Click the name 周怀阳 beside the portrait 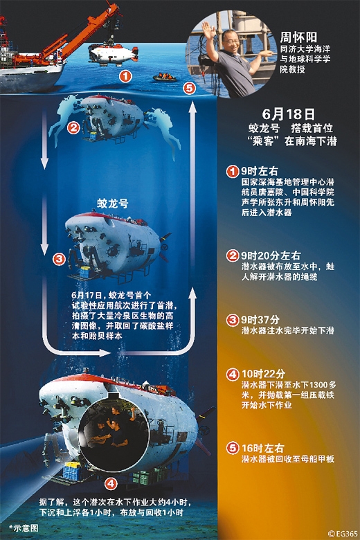point(298,37)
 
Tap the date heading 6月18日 point(289,114)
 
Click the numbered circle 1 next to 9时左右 point(233,171)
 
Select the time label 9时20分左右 point(271,255)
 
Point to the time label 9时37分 point(260,320)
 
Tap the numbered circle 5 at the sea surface point(189,89)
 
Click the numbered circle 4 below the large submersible point(111,483)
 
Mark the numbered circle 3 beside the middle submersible point(60,258)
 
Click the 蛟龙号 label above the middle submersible point(113,204)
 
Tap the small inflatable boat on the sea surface point(164,77)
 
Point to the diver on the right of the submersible point(163,130)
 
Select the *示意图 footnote point(24,528)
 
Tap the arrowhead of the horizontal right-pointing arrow point(105,352)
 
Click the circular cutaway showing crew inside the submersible point(114,433)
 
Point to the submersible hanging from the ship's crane point(113,55)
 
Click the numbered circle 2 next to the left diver point(73,128)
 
